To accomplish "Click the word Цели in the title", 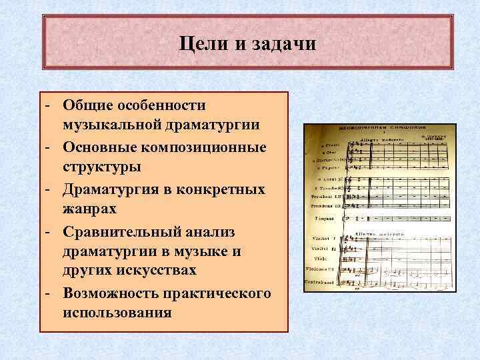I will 204,44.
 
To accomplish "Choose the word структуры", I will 101,167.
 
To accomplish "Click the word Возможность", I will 110,293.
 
